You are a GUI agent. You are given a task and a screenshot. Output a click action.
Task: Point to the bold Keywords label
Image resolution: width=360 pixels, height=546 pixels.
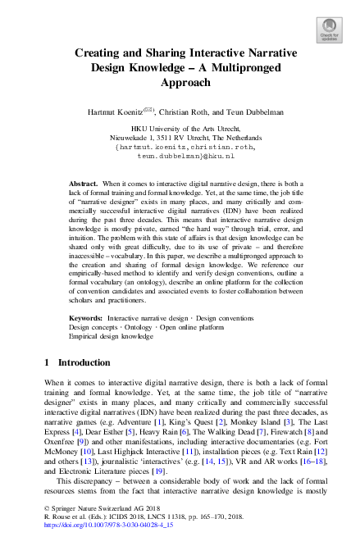coord(86,316)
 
